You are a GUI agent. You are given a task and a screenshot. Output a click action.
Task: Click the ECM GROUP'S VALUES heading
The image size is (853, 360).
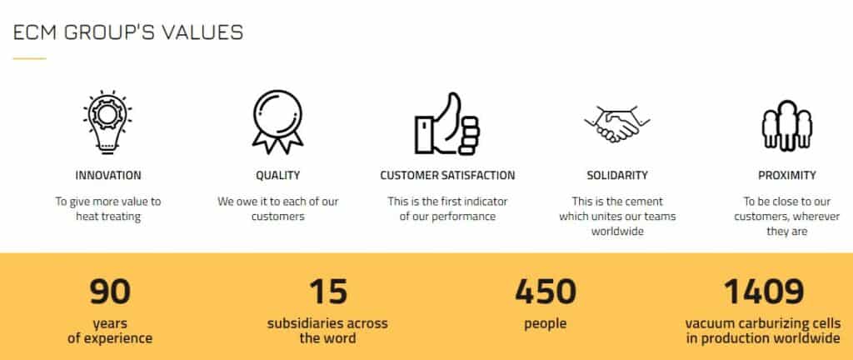coord(127,32)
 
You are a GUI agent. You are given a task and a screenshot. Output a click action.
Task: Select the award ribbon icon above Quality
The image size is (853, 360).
coord(277,122)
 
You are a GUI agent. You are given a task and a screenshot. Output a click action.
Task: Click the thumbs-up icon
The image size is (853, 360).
coord(447,123)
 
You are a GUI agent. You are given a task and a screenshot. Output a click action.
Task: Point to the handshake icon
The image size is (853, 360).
coord(617,123)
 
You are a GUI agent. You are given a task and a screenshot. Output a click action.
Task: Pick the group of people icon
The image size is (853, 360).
coord(786,126)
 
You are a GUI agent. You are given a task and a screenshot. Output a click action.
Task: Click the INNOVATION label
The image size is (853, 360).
coord(108,176)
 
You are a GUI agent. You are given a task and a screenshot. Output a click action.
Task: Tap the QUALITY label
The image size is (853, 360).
coord(278,176)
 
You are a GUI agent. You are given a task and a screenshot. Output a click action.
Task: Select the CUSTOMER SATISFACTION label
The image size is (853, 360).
coord(447,176)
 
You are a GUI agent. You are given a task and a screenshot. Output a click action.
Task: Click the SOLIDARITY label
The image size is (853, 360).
coord(617,176)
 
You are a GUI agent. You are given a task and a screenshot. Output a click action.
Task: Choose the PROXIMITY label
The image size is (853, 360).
coord(786,176)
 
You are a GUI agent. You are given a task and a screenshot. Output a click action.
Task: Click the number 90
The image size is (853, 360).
coord(110,292)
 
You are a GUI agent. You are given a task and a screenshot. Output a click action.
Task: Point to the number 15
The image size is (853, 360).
coord(328,292)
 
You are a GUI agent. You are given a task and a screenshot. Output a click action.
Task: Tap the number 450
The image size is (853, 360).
coord(545,292)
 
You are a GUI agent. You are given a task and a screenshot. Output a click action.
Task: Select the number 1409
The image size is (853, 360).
coord(763,292)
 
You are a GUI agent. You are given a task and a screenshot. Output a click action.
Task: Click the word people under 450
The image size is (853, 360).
coord(545,324)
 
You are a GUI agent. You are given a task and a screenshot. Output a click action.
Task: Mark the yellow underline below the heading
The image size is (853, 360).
coord(29,58)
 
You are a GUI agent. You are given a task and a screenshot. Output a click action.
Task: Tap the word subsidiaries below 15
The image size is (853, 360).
coord(301,323)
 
